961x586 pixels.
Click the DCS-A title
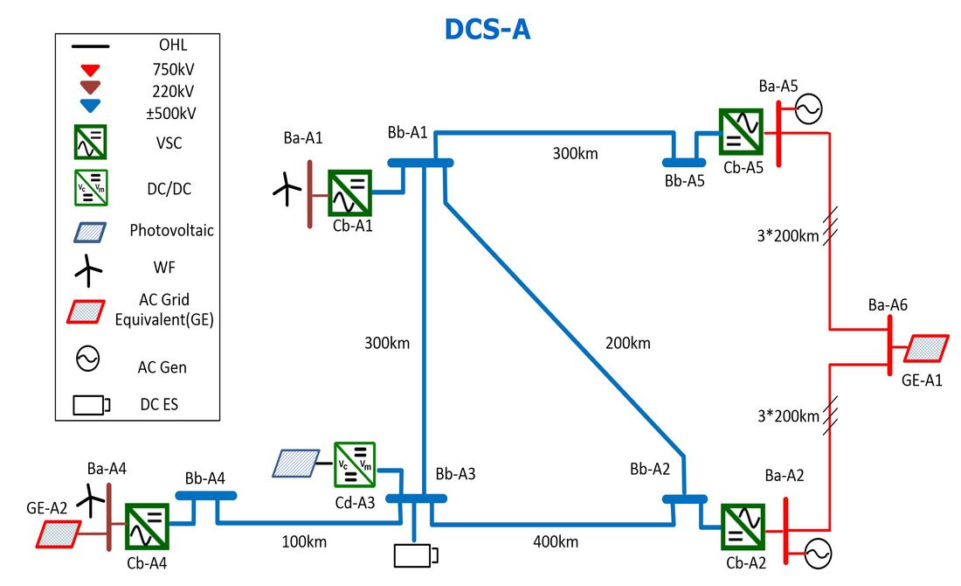tap(487, 30)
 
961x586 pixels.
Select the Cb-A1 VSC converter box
tap(350, 192)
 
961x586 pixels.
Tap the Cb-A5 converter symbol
tap(741, 132)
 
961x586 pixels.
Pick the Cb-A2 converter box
tap(743, 527)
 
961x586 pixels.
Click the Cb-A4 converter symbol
tap(147, 527)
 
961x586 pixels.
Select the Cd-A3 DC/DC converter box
tap(354, 465)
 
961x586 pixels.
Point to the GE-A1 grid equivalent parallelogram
tap(926, 348)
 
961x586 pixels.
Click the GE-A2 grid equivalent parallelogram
tap(59, 534)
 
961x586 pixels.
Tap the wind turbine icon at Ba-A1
tap(287, 189)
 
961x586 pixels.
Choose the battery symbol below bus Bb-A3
tap(416, 556)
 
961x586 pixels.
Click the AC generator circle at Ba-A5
tap(808, 109)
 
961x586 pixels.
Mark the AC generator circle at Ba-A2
tap(818, 555)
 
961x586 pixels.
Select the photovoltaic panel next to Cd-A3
tap(296, 464)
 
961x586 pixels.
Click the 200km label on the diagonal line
tap(627, 343)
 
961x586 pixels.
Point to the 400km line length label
tap(556, 541)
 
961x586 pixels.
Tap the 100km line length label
tap(304, 541)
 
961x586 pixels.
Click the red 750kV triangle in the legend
tap(91, 70)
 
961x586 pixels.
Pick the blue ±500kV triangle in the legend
tap(91, 106)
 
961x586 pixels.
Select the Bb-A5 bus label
tap(685, 181)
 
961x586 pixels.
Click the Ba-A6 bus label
tap(888, 305)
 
